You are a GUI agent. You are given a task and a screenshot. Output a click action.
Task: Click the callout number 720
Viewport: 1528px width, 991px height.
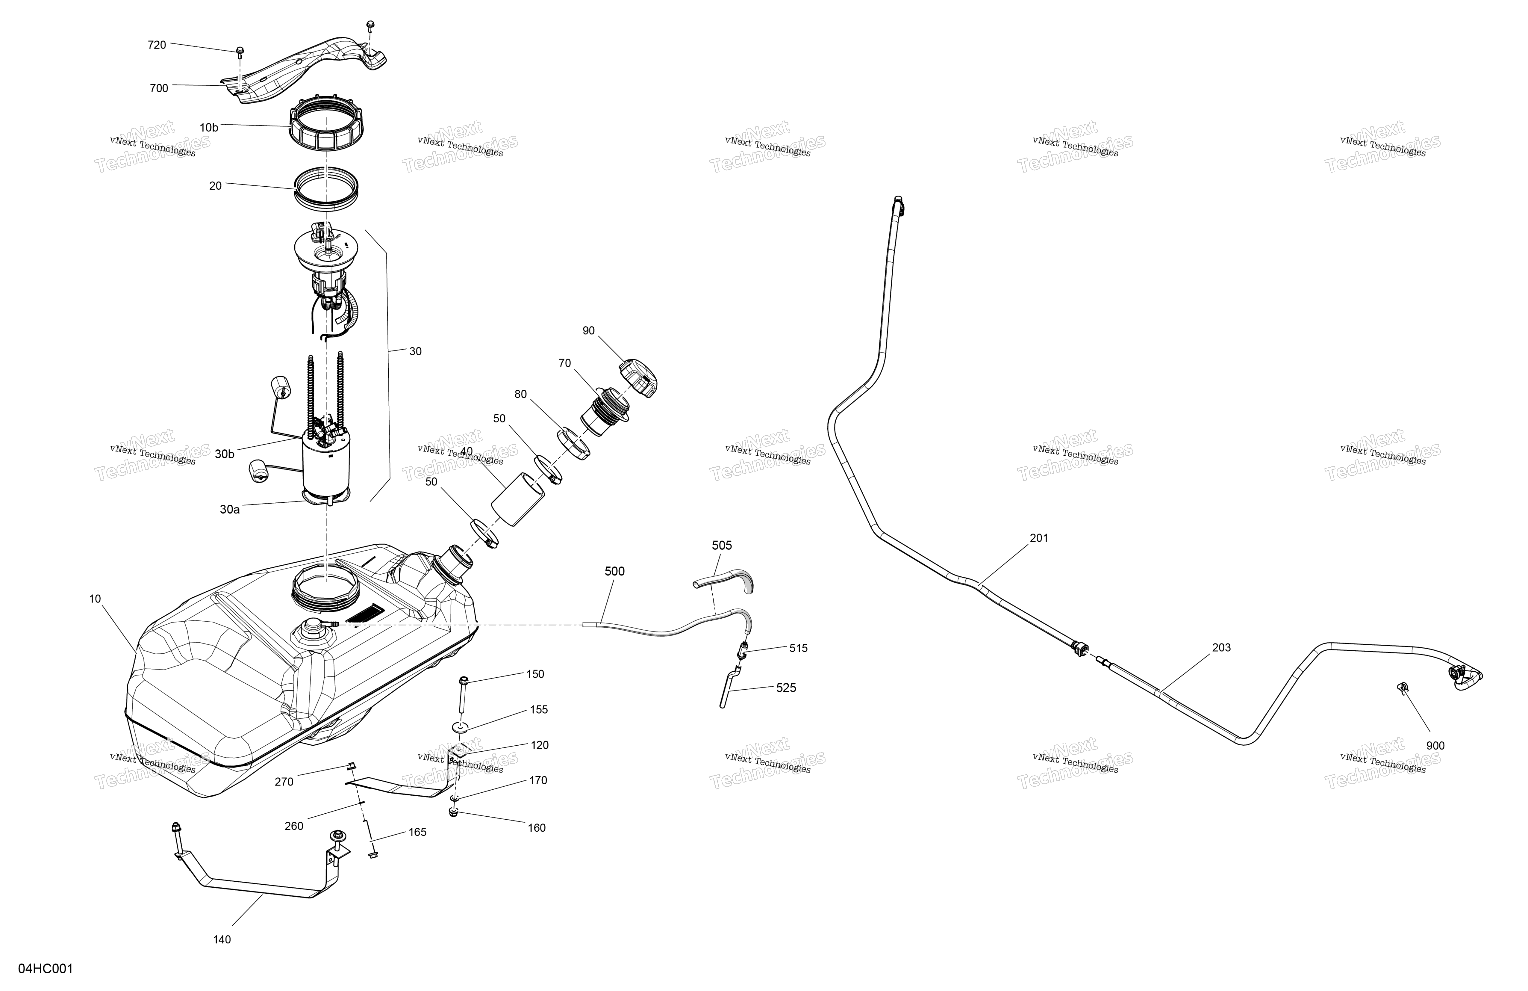click(157, 45)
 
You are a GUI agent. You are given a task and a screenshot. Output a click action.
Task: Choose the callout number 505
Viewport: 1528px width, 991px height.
click(722, 545)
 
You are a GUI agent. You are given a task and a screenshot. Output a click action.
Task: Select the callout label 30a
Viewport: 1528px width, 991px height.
click(230, 509)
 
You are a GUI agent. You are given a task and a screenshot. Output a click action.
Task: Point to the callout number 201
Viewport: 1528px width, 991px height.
click(1039, 538)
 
